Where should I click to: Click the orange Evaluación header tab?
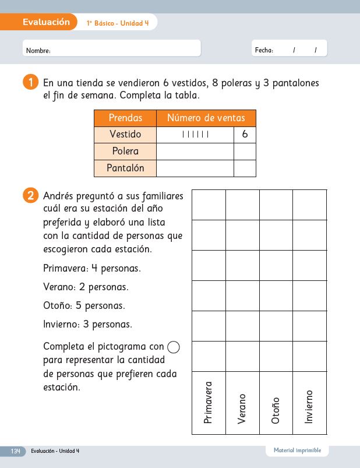(x=46, y=22)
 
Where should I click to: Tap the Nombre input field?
(x=112, y=48)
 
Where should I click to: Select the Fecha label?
(x=264, y=51)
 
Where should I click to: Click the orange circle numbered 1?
(x=30, y=83)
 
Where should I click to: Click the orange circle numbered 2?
(x=30, y=196)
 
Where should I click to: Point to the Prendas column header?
(x=125, y=118)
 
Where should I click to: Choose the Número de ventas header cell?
(x=206, y=118)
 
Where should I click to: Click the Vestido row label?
(x=125, y=135)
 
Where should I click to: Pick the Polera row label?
(x=125, y=152)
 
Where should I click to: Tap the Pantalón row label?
(x=125, y=168)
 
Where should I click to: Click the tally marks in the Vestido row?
(x=195, y=135)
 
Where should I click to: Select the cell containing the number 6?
(x=245, y=135)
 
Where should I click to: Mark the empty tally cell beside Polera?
(x=195, y=152)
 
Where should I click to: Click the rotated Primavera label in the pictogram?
(x=209, y=402)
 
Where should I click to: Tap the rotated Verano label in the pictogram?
(x=242, y=408)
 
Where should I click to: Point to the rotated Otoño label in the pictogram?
(x=276, y=410)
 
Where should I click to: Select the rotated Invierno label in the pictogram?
(x=309, y=406)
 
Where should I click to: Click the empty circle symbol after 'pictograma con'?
(x=174, y=347)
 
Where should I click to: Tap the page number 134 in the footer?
(x=15, y=451)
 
